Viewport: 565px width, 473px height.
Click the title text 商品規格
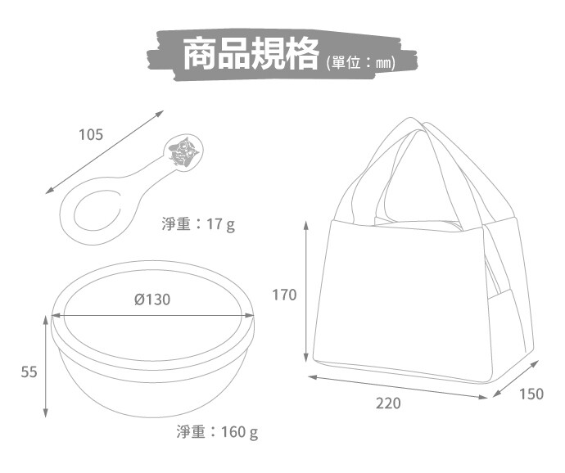click(x=251, y=53)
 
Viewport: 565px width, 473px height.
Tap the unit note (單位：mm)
click(x=360, y=63)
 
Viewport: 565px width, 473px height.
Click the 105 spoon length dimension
click(x=91, y=134)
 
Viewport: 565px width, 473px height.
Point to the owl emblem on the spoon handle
click(x=184, y=151)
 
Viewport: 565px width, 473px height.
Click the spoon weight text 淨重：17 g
click(x=198, y=224)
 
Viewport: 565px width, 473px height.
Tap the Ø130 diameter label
click(x=152, y=300)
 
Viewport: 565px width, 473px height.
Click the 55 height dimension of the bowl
click(x=29, y=372)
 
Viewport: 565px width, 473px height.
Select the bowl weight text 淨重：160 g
click(x=217, y=431)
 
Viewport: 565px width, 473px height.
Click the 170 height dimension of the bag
click(x=284, y=295)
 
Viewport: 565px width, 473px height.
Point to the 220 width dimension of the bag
click(x=388, y=403)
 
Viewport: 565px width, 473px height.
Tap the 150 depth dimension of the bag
click(x=531, y=394)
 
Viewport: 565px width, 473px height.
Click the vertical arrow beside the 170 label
click(x=306, y=291)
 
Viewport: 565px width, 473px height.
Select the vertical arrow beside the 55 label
click(x=45, y=367)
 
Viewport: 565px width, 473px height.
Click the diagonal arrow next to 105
click(x=105, y=152)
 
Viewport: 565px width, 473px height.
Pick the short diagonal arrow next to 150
click(x=515, y=379)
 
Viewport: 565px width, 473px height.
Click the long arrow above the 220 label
click(x=398, y=387)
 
